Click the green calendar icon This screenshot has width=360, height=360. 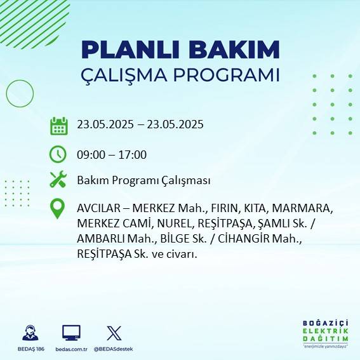click(x=58, y=125)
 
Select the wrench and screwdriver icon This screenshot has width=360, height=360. click(x=58, y=180)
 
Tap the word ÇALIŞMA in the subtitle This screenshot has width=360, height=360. click(x=128, y=76)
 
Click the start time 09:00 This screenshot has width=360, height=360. click(x=90, y=154)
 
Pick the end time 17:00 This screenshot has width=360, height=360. click(x=133, y=154)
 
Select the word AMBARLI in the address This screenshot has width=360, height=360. click(x=99, y=239)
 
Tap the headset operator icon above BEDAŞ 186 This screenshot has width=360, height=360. click(x=30, y=333)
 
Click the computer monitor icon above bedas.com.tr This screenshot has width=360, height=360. click(x=70, y=333)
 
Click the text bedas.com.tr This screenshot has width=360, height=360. click(x=71, y=350)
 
